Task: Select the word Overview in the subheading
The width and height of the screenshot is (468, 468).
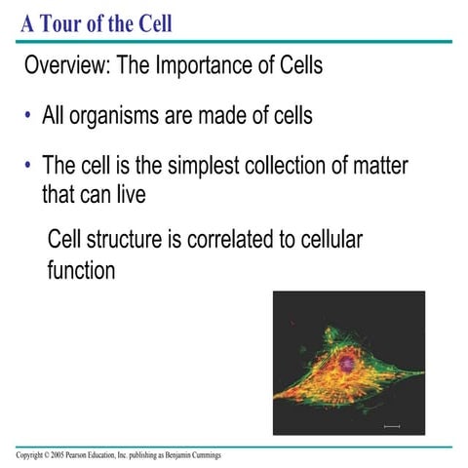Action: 68,68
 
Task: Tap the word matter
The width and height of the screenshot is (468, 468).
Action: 375,167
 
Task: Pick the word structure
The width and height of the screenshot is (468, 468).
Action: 124,240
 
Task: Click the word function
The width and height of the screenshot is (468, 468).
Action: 81,270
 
